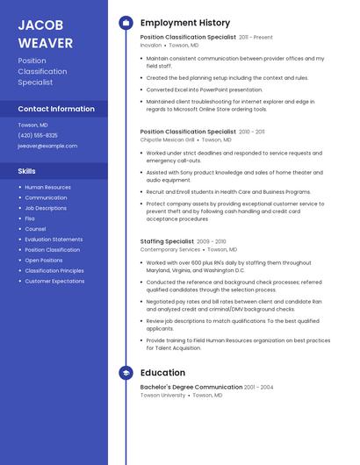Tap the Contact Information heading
[x=56, y=109]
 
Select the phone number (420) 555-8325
[x=38, y=135]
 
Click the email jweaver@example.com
[x=41, y=146]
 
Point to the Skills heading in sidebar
[x=27, y=170]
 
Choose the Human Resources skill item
[x=47, y=187]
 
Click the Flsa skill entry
[x=30, y=218]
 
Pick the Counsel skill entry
[x=35, y=229]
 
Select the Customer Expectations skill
[x=54, y=282]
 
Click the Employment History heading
[x=185, y=23]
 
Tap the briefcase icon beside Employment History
[x=126, y=23]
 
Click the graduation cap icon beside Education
[x=126, y=373]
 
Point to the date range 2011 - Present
[x=256, y=38]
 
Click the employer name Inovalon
[x=152, y=45]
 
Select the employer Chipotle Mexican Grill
[x=167, y=139]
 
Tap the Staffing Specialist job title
[x=167, y=241]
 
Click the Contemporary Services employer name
[x=170, y=249]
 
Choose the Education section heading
[x=162, y=373]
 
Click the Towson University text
[x=162, y=395]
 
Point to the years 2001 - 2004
[x=258, y=387]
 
